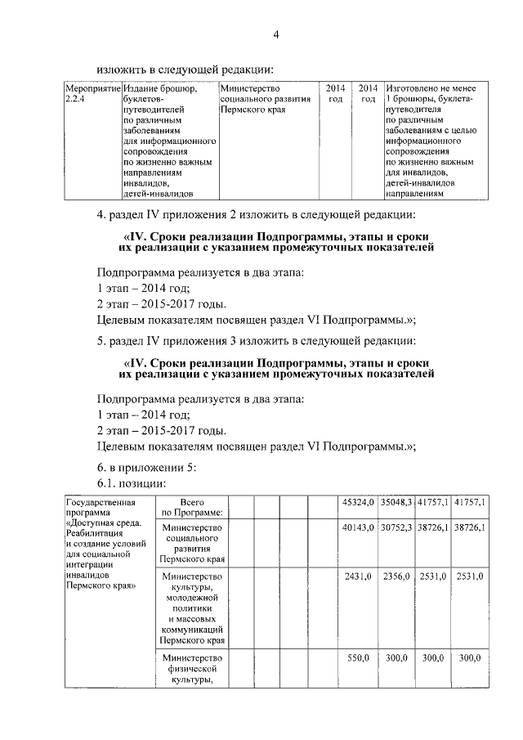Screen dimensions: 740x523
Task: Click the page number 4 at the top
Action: (275, 34)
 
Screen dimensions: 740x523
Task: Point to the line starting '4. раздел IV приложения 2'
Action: (257, 217)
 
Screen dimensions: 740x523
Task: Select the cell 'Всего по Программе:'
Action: (192, 507)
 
